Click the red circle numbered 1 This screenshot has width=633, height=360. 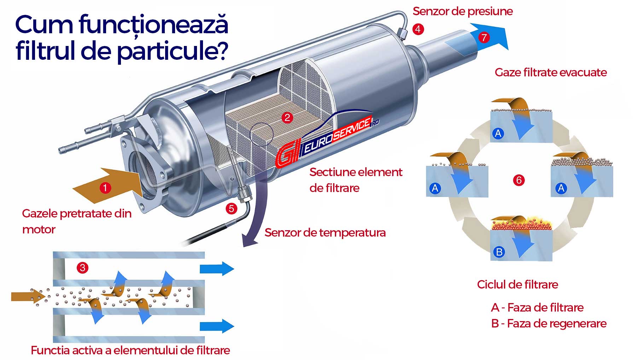click(105, 188)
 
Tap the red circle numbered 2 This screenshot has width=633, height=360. click(287, 117)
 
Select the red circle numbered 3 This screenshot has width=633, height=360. click(82, 267)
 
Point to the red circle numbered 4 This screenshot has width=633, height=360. click(418, 29)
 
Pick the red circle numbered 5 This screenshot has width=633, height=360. click(231, 208)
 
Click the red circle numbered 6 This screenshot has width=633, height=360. click(519, 180)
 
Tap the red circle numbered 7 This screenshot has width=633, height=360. click(484, 37)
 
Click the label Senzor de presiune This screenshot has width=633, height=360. click(463, 11)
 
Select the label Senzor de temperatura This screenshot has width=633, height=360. click(325, 233)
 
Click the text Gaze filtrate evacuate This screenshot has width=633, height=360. click(551, 72)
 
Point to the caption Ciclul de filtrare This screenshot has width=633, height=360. click(517, 284)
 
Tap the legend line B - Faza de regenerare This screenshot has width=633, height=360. click(549, 324)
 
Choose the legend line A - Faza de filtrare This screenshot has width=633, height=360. click(537, 307)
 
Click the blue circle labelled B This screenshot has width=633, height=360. click(499, 252)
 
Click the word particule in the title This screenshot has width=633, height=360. click(172, 50)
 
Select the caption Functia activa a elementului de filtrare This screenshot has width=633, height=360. click(130, 350)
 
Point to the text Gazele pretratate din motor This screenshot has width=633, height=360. click(77, 221)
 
